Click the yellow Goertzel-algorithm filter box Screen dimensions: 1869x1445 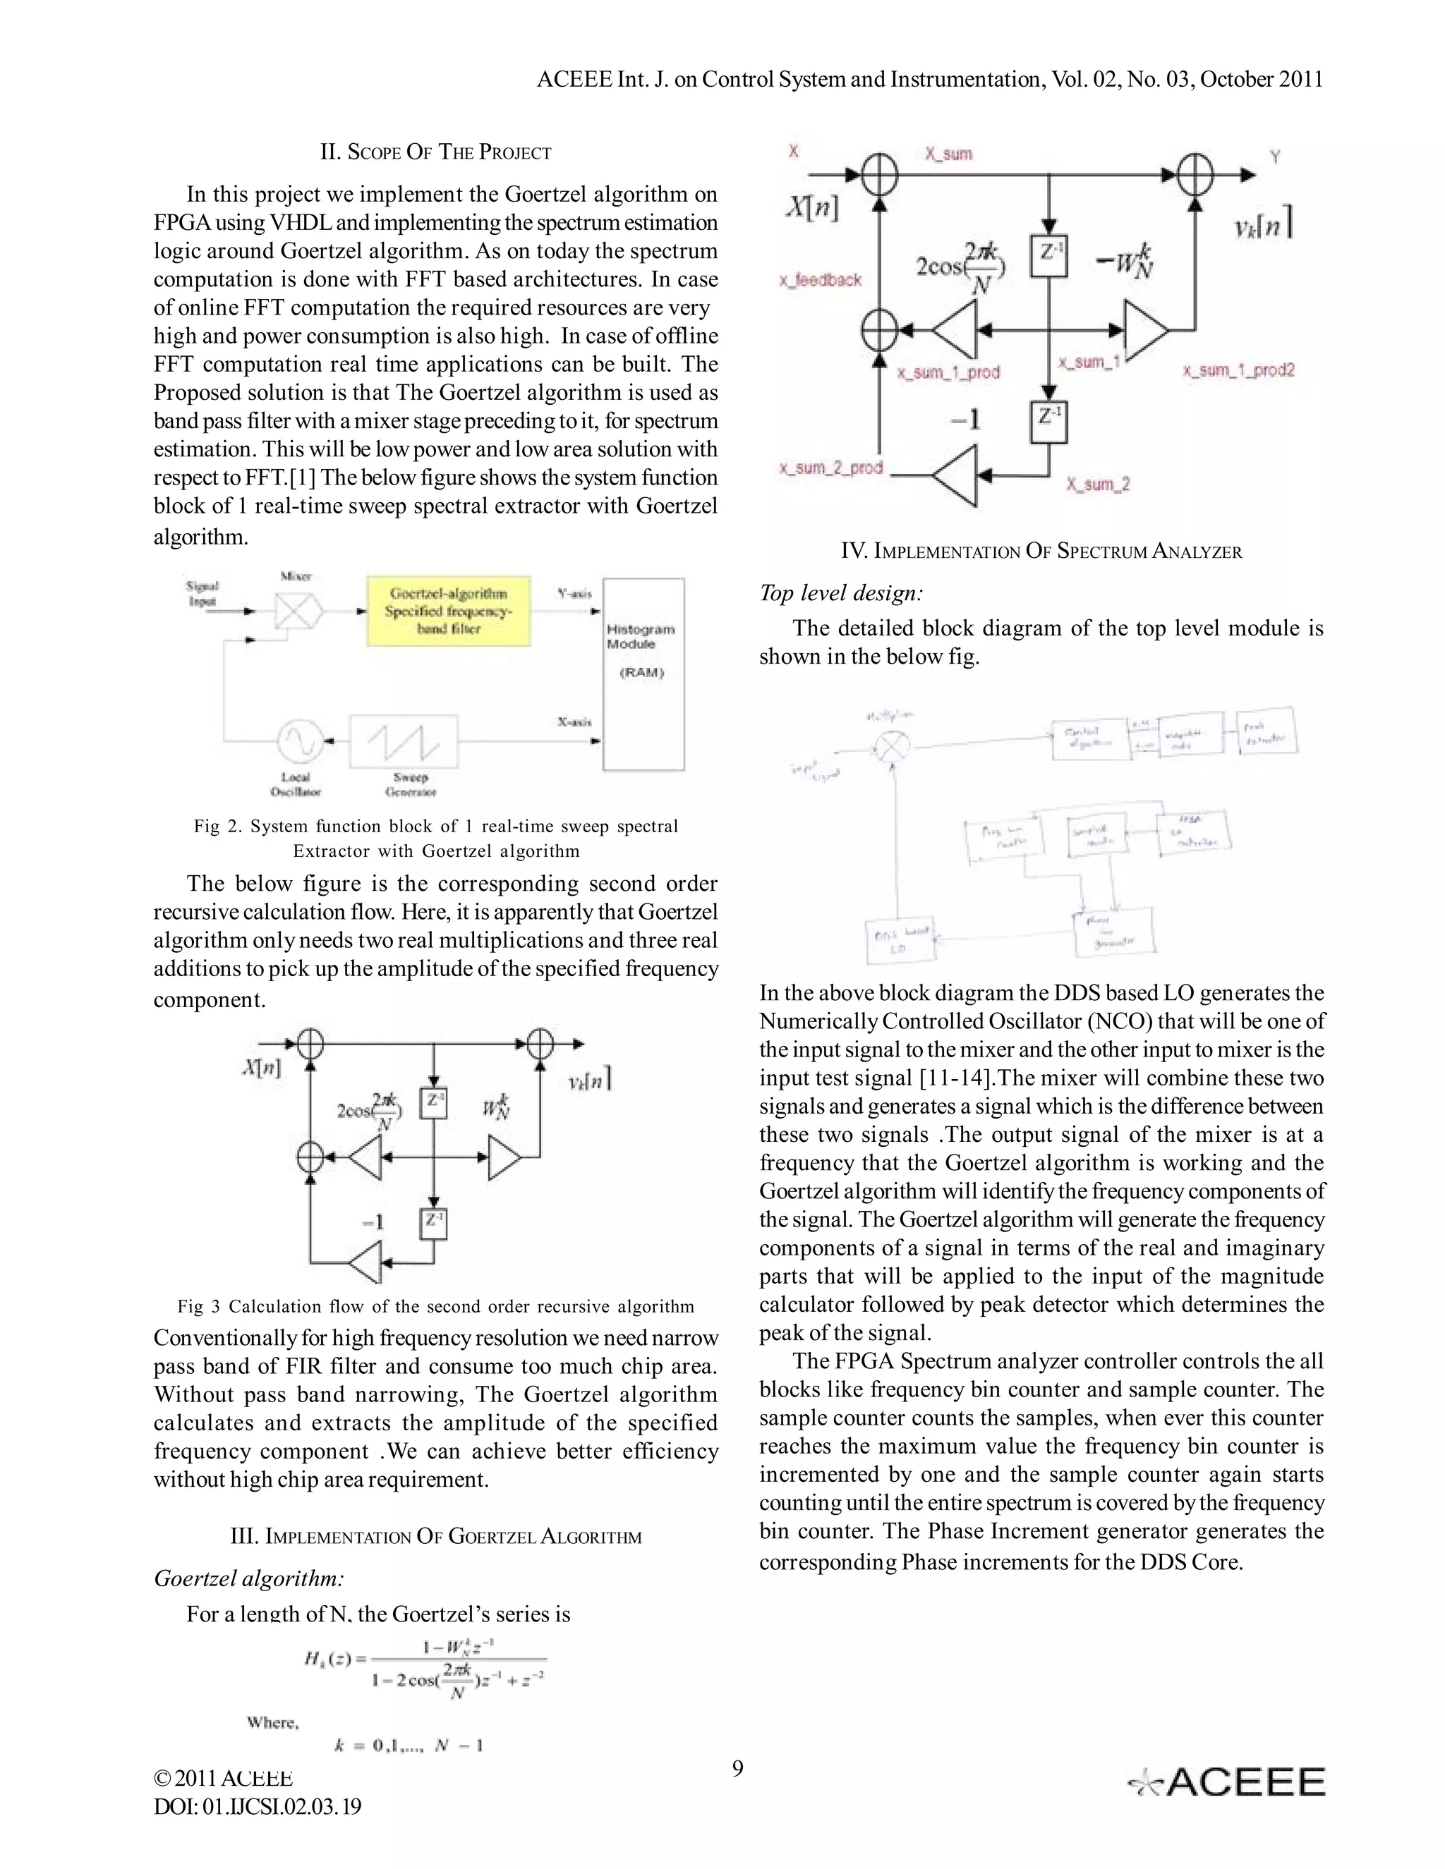coord(449,611)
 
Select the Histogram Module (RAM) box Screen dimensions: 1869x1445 coord(643,674)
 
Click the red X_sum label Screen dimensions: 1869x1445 coord(948,154)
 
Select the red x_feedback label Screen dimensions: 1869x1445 coord(820,280)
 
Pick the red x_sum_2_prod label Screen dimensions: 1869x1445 coord(830,468)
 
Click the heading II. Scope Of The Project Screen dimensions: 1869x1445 coord(436,152)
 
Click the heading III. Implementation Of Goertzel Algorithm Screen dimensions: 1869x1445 coord(436,1536)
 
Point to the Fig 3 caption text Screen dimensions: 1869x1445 coord(436,1307)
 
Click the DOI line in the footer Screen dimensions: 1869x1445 coord(257,1806)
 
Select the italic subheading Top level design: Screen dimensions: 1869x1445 coord(840,593)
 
